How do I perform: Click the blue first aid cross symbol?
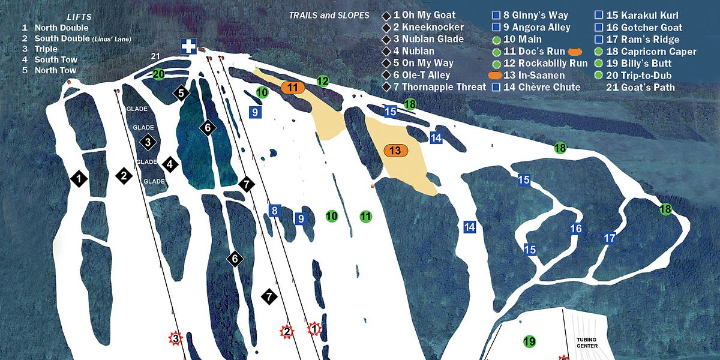(189, 46)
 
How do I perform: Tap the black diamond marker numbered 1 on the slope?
(79, 178)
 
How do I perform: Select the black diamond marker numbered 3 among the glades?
(148, 142)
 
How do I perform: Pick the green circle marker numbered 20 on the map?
(158, 74)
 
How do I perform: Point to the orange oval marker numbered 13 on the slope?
(395, 151)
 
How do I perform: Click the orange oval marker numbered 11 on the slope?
(293, 87)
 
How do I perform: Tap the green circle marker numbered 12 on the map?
(323, 81)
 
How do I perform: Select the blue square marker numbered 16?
(576, 228)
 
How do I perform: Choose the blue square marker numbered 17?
(610, 238)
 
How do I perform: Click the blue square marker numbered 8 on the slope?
(275, 210)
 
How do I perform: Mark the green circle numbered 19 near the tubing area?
(529, 341)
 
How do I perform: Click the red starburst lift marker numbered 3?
(175, 338)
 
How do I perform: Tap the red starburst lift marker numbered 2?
(287, 332)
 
